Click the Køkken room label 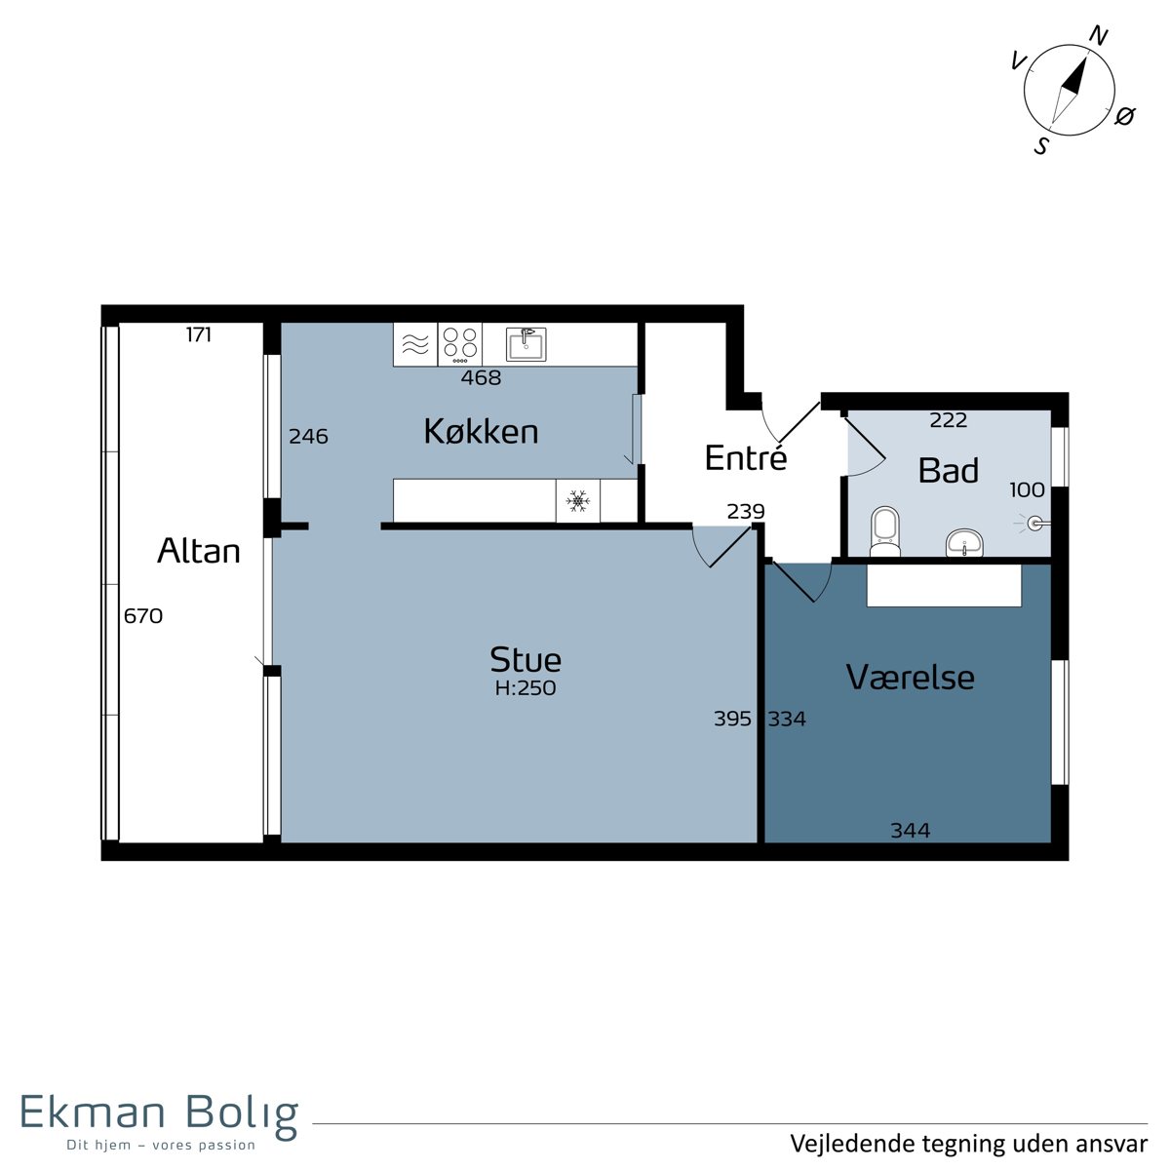[481, 432]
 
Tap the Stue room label [526, 659]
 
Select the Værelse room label [910, 677]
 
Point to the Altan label [199, 551]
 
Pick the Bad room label [949, 471]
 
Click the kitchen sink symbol [526, 344]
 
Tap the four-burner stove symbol [459, 344]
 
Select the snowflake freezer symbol [577, 500]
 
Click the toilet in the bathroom [884, 532]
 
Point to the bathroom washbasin [964, 542]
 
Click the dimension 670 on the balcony [143, 616]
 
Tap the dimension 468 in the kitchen [481, 377]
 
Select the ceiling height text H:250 [526, 688]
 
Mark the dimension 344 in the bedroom [910, 830]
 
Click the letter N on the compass [1099, 36]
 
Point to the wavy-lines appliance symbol [415, 344]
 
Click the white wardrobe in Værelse [944, 585]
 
